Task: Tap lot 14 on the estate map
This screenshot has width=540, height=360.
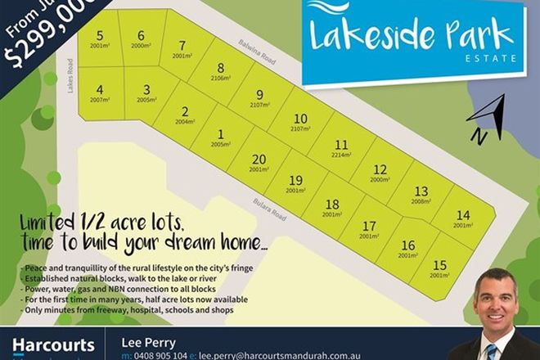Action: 463,218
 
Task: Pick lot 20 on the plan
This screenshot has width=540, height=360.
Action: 259,163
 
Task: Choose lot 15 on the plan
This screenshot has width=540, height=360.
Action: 439,268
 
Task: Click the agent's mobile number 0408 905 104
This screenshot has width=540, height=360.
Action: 161,356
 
